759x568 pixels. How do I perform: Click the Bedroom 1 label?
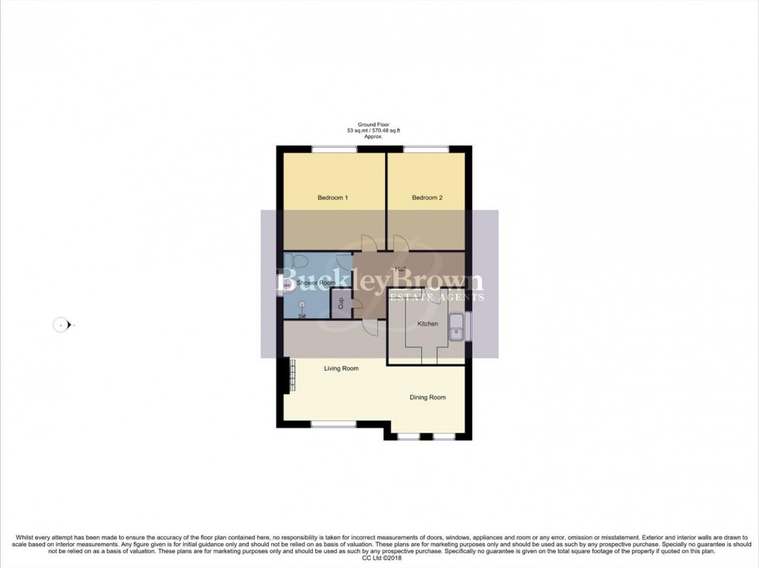(x=332, y=198)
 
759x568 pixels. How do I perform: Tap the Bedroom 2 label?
(x=427, y=198)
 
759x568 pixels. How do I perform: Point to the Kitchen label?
(x=428, y=323)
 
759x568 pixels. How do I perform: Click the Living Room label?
(x=341, y=368)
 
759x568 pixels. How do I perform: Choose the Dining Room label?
(x=428, y=398)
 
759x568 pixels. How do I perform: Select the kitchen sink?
(x=457, y=327)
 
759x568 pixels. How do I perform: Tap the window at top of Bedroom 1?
(x=334, y=149)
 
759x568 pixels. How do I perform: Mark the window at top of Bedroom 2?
(x=424, y=149)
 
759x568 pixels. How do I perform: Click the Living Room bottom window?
(x=334, y=424)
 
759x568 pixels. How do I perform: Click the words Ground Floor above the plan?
(x=373, y=124)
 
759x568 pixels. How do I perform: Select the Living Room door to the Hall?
(x=369, y=329)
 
